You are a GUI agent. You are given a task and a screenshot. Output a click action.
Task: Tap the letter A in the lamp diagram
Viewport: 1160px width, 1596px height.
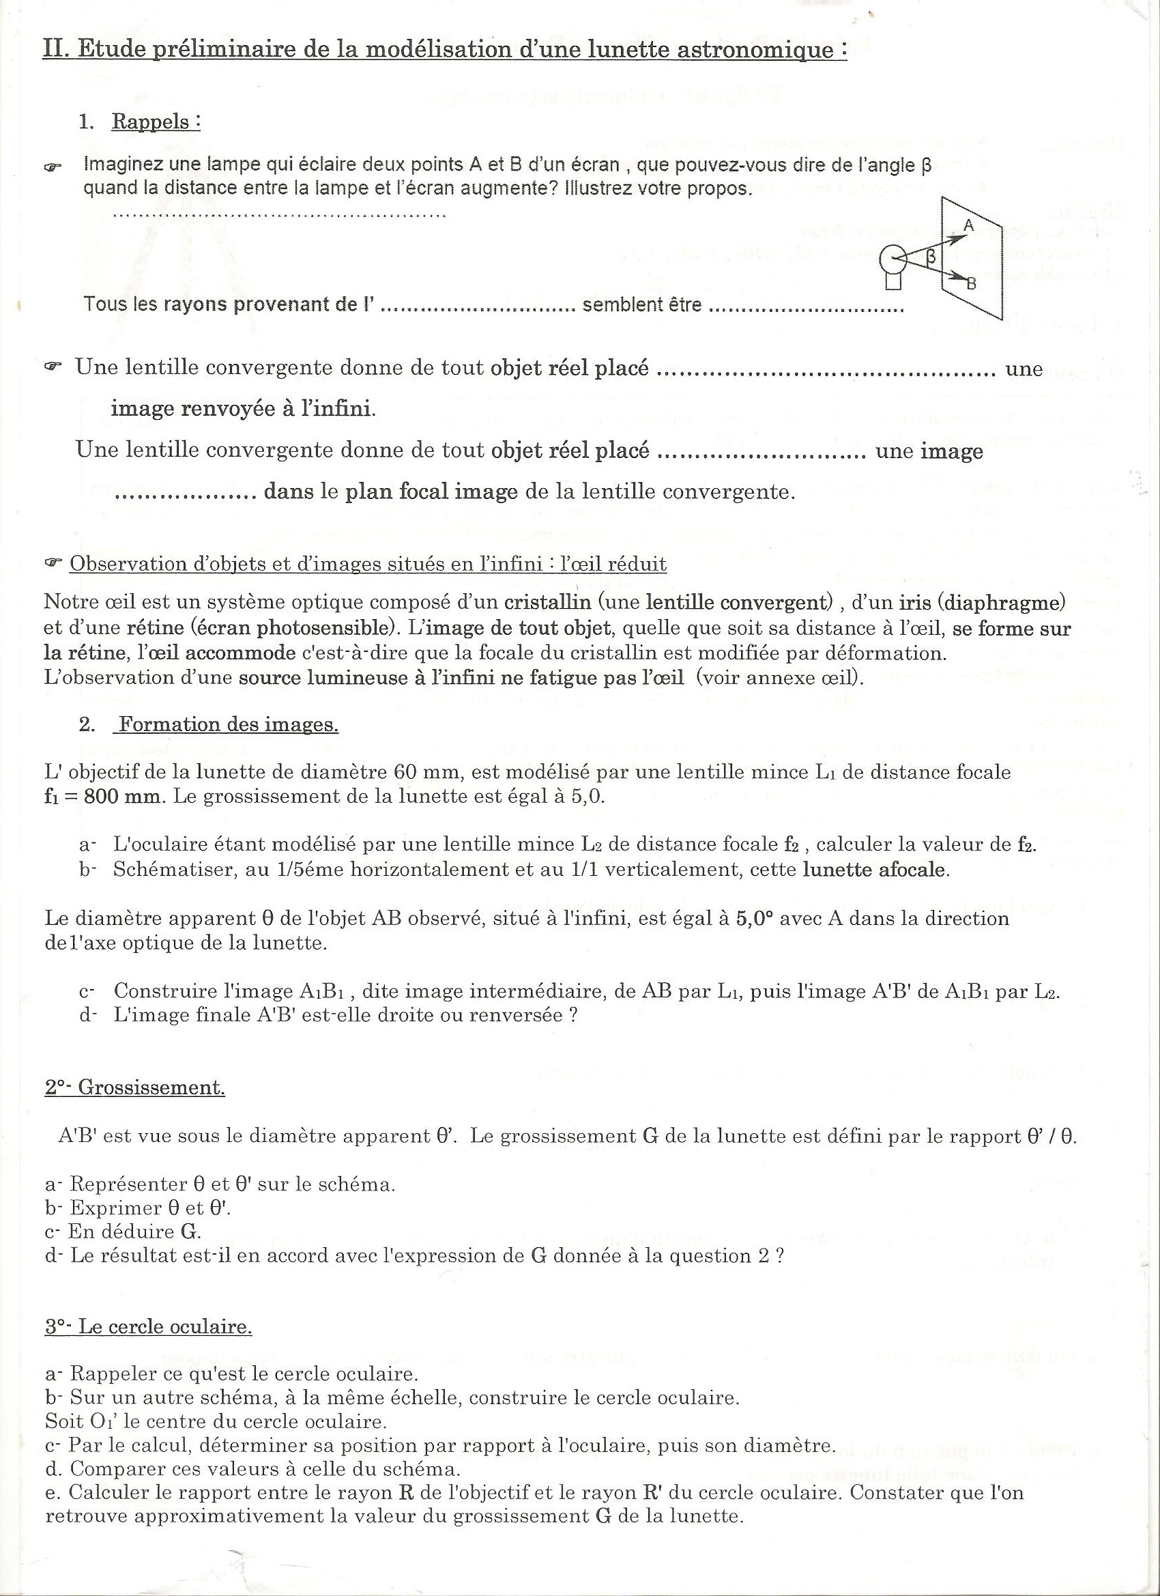[x=968, y=226]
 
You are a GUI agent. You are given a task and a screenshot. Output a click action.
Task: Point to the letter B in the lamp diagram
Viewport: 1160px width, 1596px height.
[x=972, y=284]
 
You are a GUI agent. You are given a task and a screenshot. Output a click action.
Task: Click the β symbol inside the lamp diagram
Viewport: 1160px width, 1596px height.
[x=931, y=257]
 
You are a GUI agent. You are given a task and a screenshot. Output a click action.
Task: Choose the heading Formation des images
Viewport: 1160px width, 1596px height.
[x=228, y=724]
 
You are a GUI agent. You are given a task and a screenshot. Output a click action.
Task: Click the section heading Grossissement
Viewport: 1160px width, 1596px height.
[x=151, y=1087]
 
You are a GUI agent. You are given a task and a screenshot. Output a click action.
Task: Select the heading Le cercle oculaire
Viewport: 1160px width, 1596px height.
[x=164, y=1326]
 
